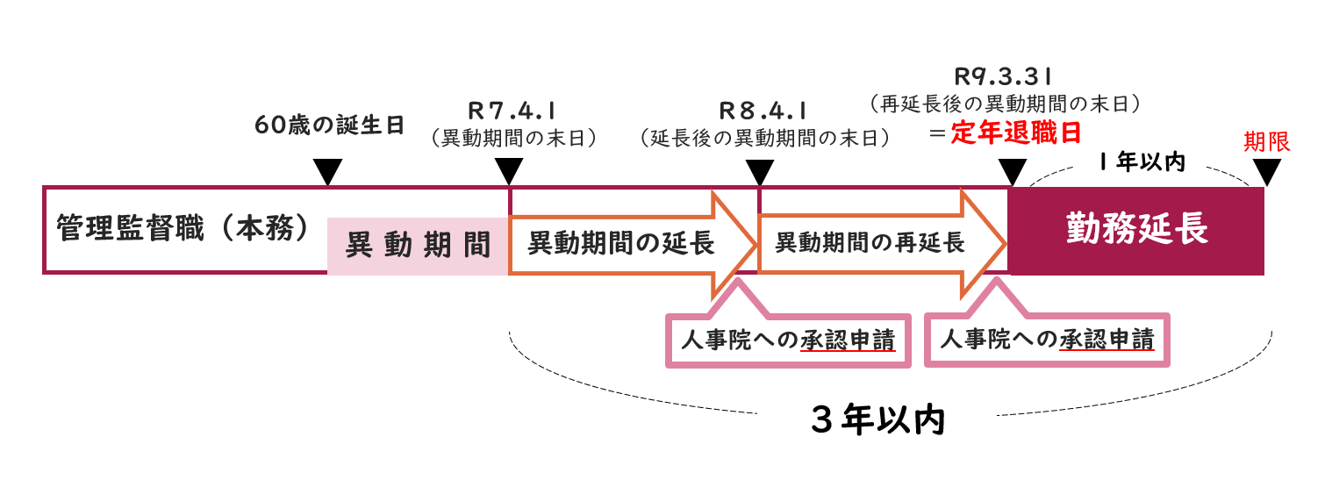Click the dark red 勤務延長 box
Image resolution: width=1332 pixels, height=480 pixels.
click(1136, 231)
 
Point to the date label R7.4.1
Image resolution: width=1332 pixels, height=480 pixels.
click(511, 111)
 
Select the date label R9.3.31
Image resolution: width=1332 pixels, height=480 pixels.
click(1004, 76)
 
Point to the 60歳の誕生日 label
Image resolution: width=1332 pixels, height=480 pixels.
click(330, 125)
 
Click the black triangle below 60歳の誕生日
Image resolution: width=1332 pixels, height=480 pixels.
click(327, 172)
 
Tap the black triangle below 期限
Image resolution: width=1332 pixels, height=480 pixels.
click(1266, 173)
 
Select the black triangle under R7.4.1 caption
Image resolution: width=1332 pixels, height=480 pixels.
click(509, 172)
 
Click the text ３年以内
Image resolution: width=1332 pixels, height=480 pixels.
click(877, 422)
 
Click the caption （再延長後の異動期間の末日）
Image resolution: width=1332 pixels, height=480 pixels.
click(1004, 104)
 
